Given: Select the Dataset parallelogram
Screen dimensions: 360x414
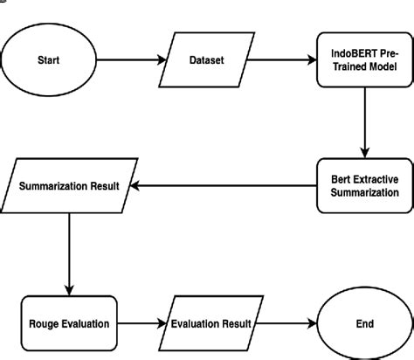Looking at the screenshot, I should pyautogui.click(x=207, y=60).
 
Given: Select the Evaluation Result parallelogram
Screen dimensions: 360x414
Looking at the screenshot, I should pyautogui.click(x=210, y=323).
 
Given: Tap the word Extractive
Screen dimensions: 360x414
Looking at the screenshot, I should pyautogui.click(x=376, y=177).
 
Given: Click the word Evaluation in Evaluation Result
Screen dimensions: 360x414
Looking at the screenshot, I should pyautogui.click(x=195, y=323).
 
